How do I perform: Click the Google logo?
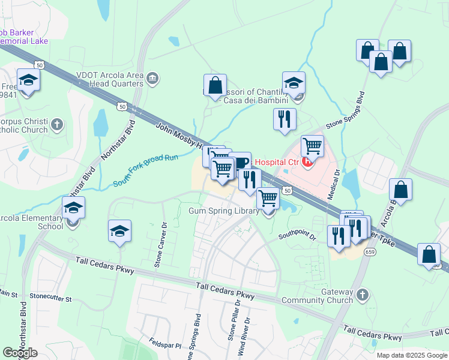tap(20, 353)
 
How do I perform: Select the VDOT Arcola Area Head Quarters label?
tap(101, 79)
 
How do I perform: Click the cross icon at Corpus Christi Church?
tap(56, 125)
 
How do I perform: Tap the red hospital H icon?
tap(309, 161)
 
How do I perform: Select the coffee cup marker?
tap(240, 163)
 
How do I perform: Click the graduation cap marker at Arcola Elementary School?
tap(74, 208)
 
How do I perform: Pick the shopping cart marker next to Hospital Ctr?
tap(312, 146)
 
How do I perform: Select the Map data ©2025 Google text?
tap(412, 355)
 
